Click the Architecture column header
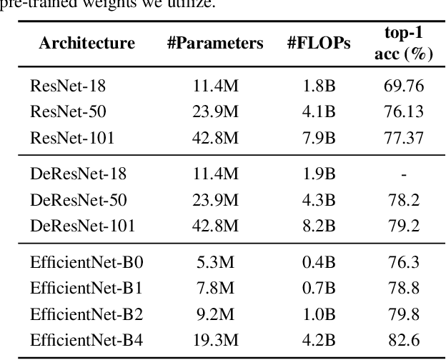pos(86,43)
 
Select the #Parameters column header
pos(215,43)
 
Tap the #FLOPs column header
pos(319,43)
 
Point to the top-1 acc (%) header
pos(404,43)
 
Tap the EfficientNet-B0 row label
pos(86,263)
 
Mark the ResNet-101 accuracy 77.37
pos(404,136)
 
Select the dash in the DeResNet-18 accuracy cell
pos(404,174)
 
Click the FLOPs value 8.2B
pos(319,226)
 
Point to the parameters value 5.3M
pos(215,263)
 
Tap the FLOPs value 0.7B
pos(319,289)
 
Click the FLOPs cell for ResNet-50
pos(319,111)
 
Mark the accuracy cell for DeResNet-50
pos(404,201)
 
